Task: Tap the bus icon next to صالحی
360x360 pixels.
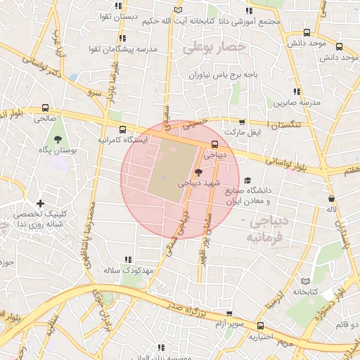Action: coord(46,108)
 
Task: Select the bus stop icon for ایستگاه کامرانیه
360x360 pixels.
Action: coord(123,129)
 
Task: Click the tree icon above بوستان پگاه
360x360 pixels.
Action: coord(58,139)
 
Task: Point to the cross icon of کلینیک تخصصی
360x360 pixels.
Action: coord(41,203)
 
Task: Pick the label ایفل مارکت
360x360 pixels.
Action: coord(241,131)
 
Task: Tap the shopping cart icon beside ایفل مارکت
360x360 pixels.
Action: coord(243,122)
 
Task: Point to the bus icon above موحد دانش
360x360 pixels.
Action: coord(307,32)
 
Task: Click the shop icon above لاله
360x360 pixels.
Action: coord(330,198)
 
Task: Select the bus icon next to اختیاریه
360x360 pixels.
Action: coord(261,326)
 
